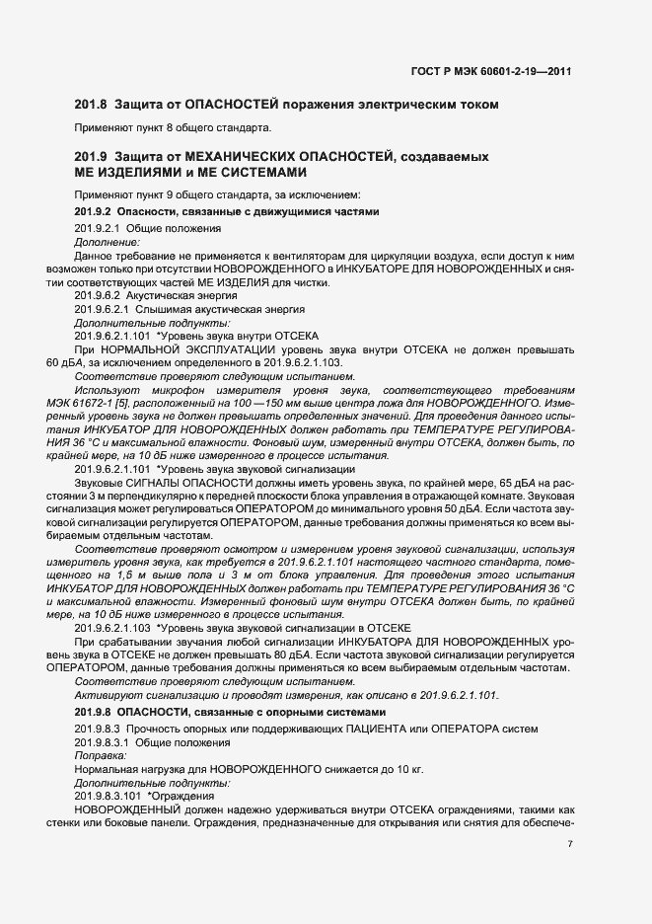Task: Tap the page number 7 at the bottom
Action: [x=569, y=843]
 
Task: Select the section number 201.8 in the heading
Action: [x=90, y=104]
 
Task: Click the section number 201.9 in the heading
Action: [x=90, y=158]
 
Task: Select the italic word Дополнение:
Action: [x=107, y=241]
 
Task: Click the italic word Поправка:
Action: [x=101, y=754]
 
